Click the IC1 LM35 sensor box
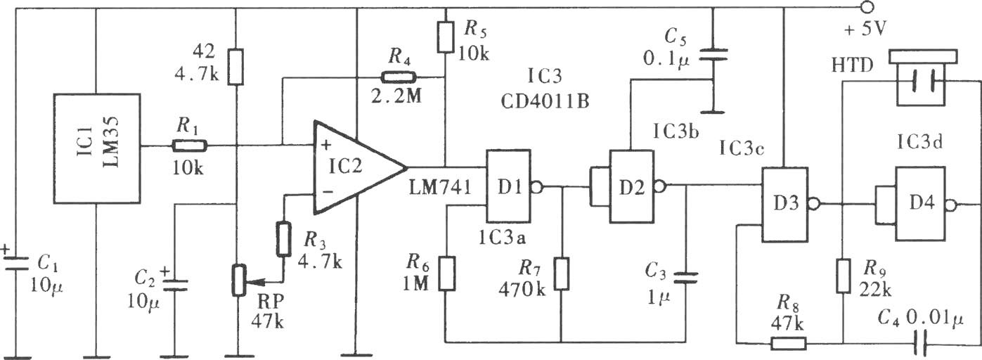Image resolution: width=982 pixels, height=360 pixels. pos(97,148)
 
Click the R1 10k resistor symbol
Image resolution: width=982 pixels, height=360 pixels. pos(189,146)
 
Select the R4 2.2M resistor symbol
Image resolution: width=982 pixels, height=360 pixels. pos(399,77)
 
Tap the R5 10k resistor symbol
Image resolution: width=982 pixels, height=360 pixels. pos(446,37)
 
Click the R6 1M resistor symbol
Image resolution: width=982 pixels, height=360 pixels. pos(447,274)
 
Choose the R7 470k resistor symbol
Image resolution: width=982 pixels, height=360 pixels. pos(561,274)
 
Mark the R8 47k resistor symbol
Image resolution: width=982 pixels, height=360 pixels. pos(788,343)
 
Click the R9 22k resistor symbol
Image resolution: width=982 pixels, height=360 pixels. pos(843,276)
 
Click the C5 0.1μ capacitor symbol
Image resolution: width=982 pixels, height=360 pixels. pos(713,56)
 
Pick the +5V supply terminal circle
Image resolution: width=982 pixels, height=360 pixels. pos(867,8)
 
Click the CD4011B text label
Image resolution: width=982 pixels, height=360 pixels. pos(545,101)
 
